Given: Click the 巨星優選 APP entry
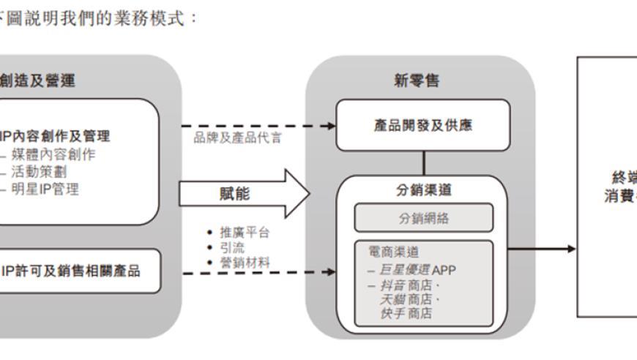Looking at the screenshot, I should pyautogui.click(x=415, y=269).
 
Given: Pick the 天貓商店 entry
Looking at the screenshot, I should pyautogui.click(x=405, y=300).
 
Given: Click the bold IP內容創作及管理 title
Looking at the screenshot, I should pyautogui.click(x=56, y=136).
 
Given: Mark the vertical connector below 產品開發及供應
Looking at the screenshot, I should pyautogui.click(x=422, y=162).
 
